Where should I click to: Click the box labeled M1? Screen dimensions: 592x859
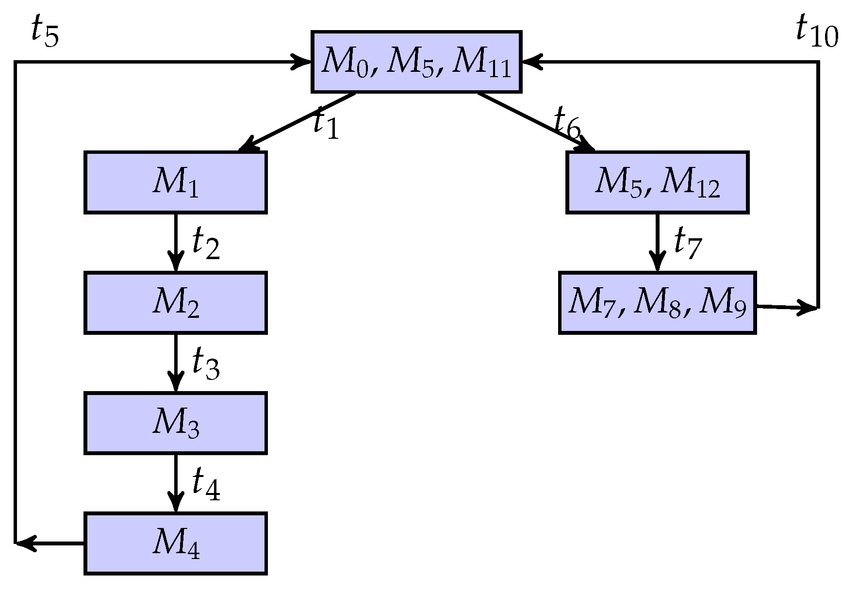pyautogui.click(x=175, y=182)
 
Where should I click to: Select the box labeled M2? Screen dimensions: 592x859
pyautogui.click(x=175, y=303)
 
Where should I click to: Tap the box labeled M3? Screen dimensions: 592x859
pyautogui.click(x=175, y=423)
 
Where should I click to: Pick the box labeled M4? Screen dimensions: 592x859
pyautogui.click(x=175, y=543)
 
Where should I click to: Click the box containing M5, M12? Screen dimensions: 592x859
pyautogui.click(x=657, y=182)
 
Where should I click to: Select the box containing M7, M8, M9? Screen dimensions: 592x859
pyautogui.click(x=657, y=303)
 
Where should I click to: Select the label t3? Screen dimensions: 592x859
pyautogui.click(x=205, y=364)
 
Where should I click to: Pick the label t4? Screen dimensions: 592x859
pyautogui.click(x=205, y=484)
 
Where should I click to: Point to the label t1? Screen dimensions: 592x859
pyautogui.click(x=326, y=124)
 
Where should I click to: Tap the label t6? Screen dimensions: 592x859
pyautogui.click(x=567, y=124)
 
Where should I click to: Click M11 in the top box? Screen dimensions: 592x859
pyautogui.click(x=481, y=63)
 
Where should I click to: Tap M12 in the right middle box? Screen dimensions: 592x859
pyautogui.click(x=690, y=183)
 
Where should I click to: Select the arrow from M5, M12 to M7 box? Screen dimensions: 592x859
pyautogui.click(x=657, y=243)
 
